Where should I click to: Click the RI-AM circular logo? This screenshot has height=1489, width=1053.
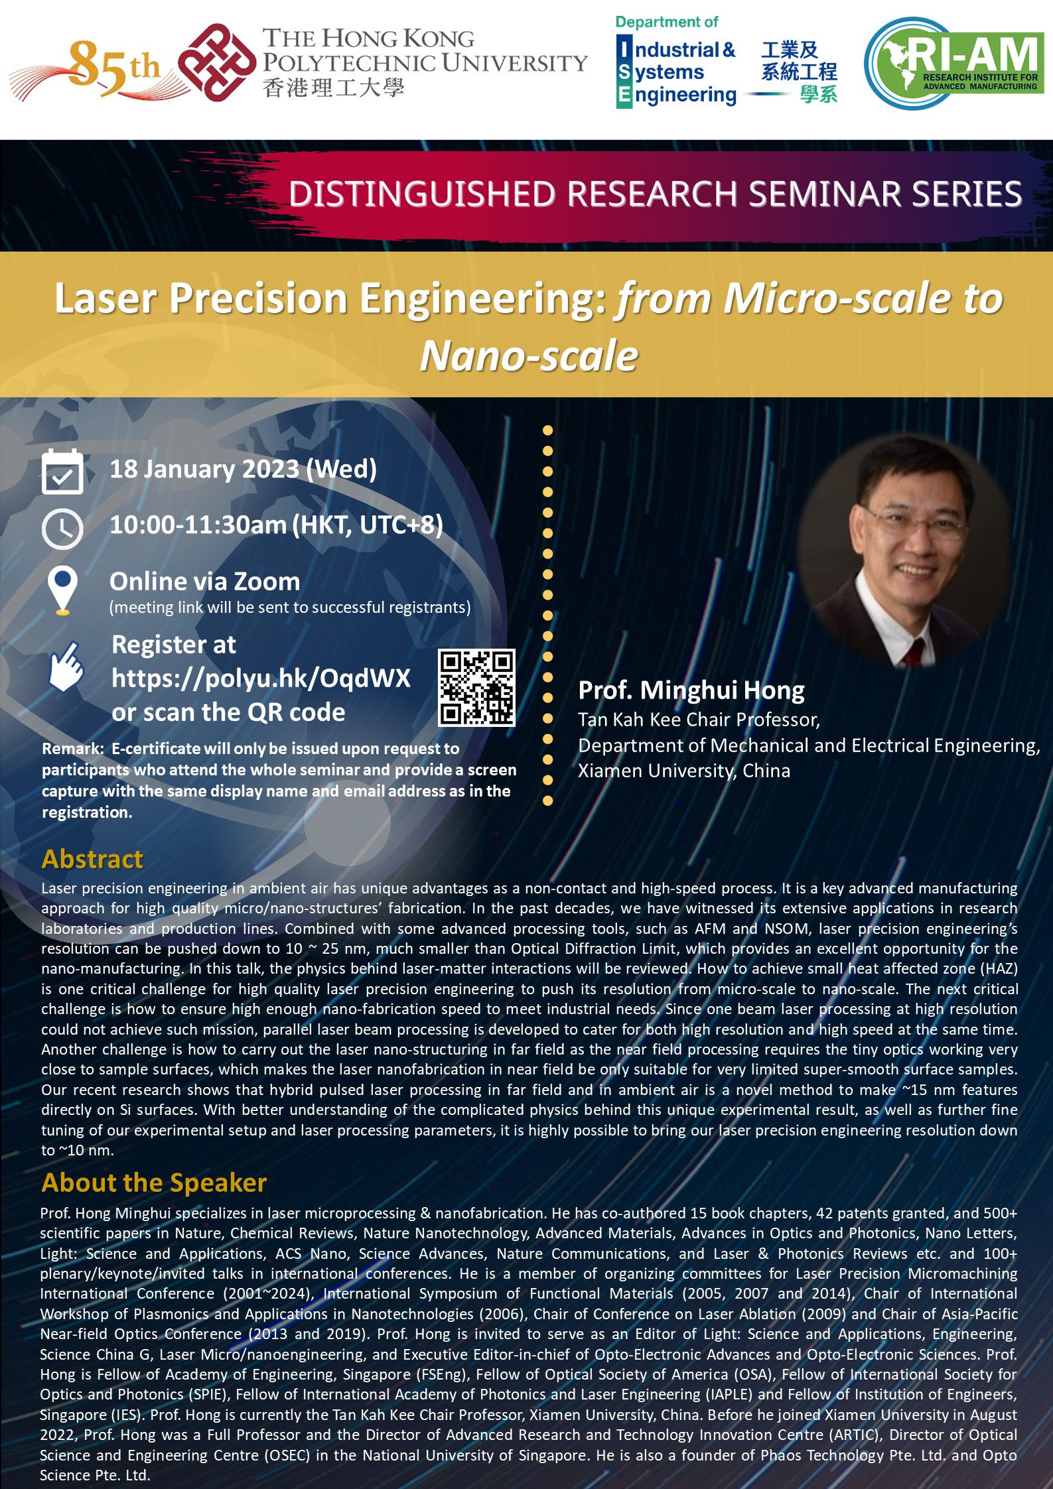pos(953,63)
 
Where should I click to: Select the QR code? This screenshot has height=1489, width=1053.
pos(476,687)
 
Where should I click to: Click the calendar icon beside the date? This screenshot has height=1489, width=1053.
pos(62,472)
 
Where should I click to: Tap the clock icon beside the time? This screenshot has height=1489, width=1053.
pos(62,529)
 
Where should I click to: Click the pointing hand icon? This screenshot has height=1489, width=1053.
pos(66,667)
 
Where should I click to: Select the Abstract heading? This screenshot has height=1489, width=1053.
pos(92,859)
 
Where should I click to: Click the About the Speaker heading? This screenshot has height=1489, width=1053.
pos(154,1183)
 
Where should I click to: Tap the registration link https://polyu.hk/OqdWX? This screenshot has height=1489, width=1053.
pos(261,678)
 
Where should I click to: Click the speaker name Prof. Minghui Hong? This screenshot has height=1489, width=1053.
pos(691,690)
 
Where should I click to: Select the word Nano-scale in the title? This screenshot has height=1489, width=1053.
pos(529,356)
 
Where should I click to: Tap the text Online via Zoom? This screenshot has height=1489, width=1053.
pos(204,582)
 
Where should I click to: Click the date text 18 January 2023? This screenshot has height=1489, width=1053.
pos(204,469)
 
